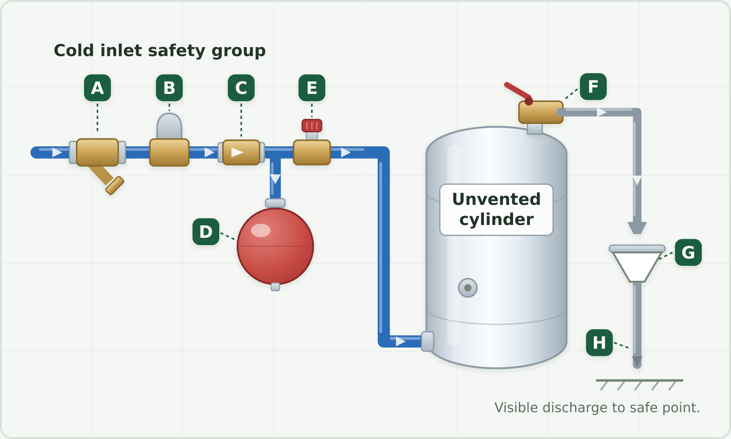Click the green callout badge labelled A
97,88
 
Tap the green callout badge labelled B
169,88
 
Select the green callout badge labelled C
241,88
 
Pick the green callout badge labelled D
206,231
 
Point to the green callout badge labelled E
312,88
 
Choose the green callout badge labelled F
593,86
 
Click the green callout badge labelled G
688,252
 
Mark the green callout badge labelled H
599,343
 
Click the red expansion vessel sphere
275,246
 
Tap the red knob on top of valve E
312,126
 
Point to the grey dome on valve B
169,126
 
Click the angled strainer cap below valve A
115,186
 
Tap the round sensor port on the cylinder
468,288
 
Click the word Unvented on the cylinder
496,199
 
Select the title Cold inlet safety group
159,51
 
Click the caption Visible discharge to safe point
597,407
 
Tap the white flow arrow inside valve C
237,152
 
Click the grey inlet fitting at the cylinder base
428,341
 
